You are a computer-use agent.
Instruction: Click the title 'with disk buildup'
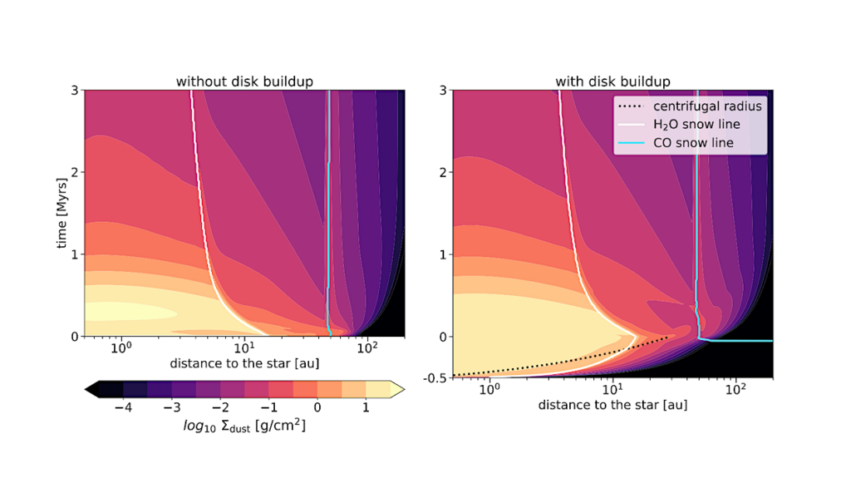tap(612, 81)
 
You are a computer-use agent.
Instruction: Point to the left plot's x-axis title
tap(245, 363)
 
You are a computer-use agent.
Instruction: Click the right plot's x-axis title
tap(612, 405)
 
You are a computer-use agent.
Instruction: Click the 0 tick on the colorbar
tap(317, 408)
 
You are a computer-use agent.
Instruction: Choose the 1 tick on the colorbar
tap(366, 408)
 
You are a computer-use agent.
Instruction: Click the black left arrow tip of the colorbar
tap(90, 388)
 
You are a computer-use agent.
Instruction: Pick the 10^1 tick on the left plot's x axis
tap(243, 347)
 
